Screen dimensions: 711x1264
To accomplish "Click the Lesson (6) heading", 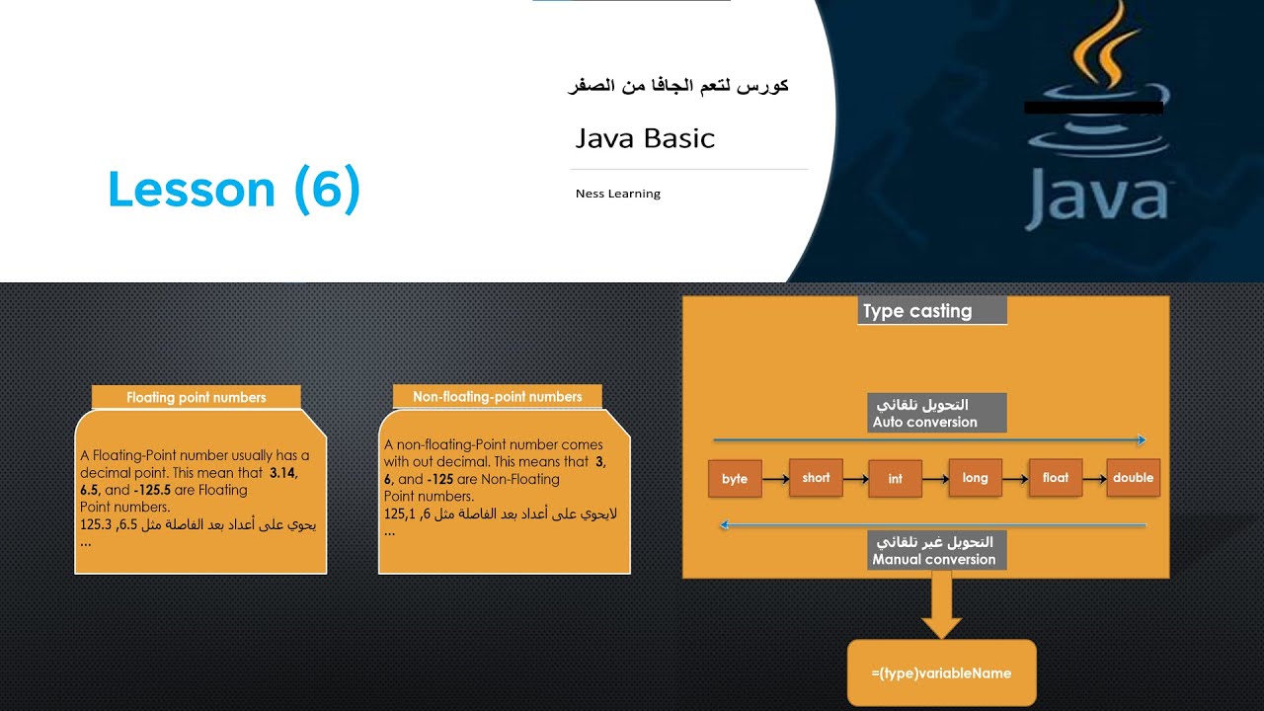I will pos(234,190).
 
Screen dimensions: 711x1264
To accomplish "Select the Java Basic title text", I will pos(645,138).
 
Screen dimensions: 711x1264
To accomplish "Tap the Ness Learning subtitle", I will pos(618,194).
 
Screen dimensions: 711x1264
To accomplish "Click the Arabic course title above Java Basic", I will pos(678,86).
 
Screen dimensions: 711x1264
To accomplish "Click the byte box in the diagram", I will pos(735,479).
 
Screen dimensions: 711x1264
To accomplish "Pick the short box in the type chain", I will pos(816,478).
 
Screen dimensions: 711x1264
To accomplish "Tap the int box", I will pos(895,479).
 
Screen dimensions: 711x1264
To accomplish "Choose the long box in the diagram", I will pos(975,478).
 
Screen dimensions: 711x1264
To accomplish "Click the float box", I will pos(1055,478).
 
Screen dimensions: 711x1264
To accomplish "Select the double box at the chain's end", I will pos(1133,478).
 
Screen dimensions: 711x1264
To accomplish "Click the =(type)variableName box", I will pos(941,672).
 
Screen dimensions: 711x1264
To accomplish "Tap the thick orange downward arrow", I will pos(941,606).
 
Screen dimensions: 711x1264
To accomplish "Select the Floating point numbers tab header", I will pos(197,397).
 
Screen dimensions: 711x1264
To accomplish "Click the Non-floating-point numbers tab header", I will pos(497,396).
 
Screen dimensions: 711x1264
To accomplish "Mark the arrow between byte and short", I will pos(775,480).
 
